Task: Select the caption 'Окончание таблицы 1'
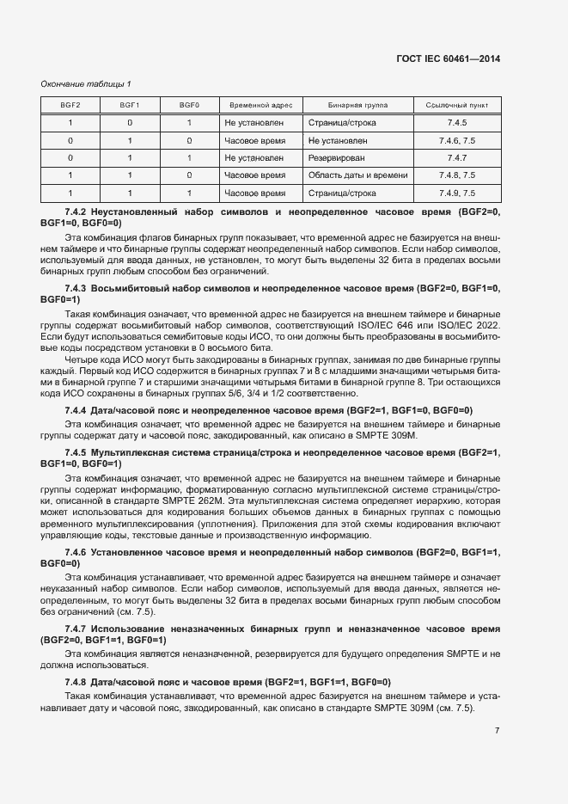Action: (x=86, y=83)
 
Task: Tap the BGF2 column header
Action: (x=70, y=105)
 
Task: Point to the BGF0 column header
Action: (x=189, y=105)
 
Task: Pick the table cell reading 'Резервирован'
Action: (x=336, y=158)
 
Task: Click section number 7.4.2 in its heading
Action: (x=76, y=212)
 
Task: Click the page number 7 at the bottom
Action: (x=497, y=731)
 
